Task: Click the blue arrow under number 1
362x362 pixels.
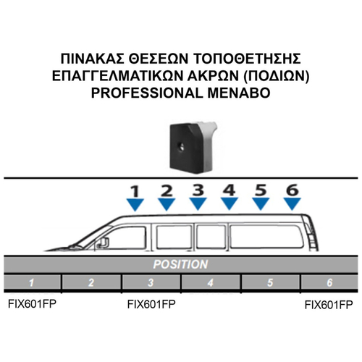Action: [x=135, y=204]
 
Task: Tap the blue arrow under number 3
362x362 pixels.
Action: [x=198, y=203]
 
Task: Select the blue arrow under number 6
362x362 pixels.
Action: [x=292, y=203]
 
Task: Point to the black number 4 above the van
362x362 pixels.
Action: [x=230, y=190]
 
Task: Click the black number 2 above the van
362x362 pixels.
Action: [x=167, y=190]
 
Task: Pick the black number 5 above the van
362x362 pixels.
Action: [x=261, y=190]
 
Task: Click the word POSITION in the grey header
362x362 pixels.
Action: [x=180, y=264]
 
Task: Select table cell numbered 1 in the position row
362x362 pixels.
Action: [x=32, y=282]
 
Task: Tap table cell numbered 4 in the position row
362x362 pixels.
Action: [x=211, y=282]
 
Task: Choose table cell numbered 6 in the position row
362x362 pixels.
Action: [x=329, y=282]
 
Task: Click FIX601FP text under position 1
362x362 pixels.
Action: [x=32, y=304]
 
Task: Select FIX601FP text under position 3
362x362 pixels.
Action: [x=151, y=304]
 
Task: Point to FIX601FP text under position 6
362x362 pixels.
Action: [x=329, y=305]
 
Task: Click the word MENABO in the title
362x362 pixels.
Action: [x=239, y=93]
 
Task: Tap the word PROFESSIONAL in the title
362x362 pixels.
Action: [x=147, y=93]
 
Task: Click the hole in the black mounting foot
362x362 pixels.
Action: [x=181, y=146]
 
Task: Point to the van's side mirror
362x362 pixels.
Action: [x=104, y=243]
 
